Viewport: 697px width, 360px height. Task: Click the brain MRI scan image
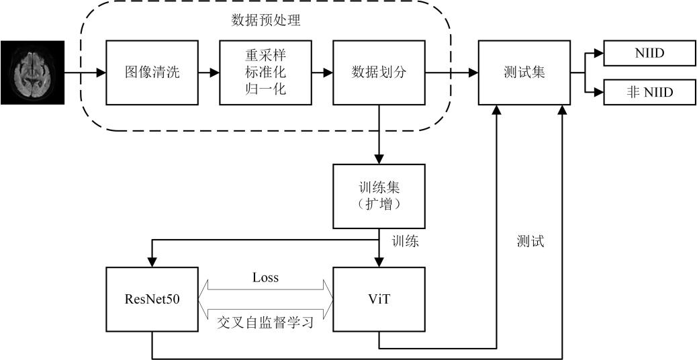[x=32, y=73]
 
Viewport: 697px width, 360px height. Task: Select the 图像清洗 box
[x=152, y=73]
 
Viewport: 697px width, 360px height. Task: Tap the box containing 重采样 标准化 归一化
[x=265, y=73]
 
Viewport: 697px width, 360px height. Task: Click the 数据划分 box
[x=379, y=73]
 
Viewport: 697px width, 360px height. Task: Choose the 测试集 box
[x=524, y=73]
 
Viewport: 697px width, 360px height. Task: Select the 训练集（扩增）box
[x=379, y=196]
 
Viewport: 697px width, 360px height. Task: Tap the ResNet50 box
[x=152, y=299]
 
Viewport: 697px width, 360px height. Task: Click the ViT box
[x=379, y=299]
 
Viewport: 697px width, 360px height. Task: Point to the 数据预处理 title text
[x=266, y=20]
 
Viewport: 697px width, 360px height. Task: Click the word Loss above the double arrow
[x=265, y=278]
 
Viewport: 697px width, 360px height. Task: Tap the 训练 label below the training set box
[x=405, y=241]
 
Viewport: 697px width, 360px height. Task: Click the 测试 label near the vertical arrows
[x=530, y=241]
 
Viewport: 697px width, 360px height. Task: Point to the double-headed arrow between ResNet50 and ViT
[x=265, y=299]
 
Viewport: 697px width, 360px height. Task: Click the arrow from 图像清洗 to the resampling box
[x=208, y=73]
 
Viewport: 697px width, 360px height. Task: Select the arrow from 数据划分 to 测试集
[x=452, y=73]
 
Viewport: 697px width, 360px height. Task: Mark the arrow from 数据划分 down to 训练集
[x=379, y=134]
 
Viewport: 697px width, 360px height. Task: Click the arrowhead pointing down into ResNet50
[x=152, y=262]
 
